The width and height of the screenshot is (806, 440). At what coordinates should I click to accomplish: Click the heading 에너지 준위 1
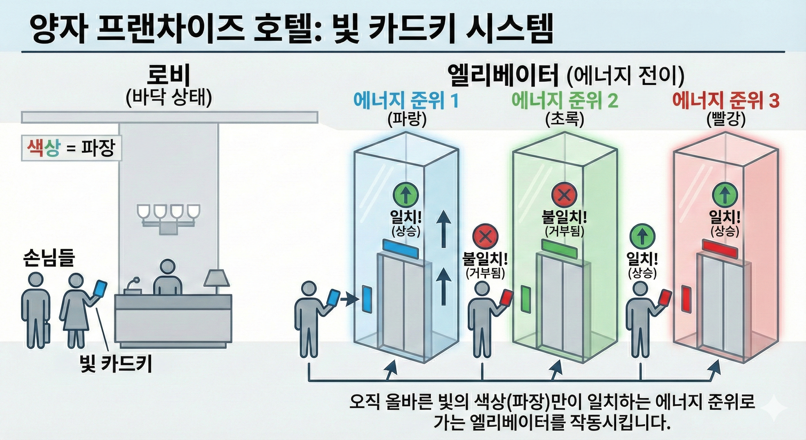(406, 101)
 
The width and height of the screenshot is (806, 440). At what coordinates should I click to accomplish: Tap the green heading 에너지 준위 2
(564, 101)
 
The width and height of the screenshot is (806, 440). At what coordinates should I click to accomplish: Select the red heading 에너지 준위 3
(726, 101)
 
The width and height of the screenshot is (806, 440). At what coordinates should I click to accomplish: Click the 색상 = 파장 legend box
(71, 148)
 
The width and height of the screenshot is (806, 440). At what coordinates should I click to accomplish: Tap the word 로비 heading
(168, 76)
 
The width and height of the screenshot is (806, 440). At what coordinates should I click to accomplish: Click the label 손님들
(49, 258)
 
